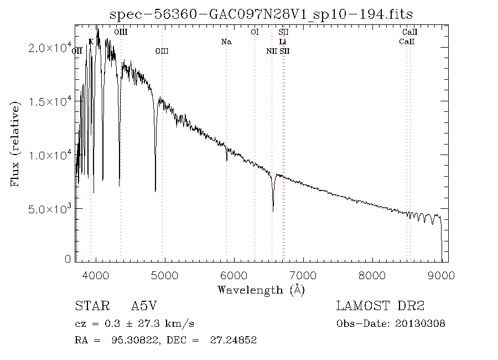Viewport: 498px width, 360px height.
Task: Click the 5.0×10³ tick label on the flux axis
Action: pos(49,209)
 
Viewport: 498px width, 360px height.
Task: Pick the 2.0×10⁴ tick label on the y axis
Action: pos(49,48)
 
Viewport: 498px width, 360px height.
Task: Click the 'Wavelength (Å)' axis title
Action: pos(261,290)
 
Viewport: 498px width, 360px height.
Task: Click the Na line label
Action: pos(226,42)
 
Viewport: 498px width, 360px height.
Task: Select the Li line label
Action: pos(283,42)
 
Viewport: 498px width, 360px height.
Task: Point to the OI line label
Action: pos(255,33)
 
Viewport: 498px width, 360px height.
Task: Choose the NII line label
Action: pos(271,51)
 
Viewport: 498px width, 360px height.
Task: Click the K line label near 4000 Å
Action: pos(91,42)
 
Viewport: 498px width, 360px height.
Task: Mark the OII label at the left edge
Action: pos(77,51)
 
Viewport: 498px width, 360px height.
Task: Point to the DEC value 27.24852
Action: pos(233,341)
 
